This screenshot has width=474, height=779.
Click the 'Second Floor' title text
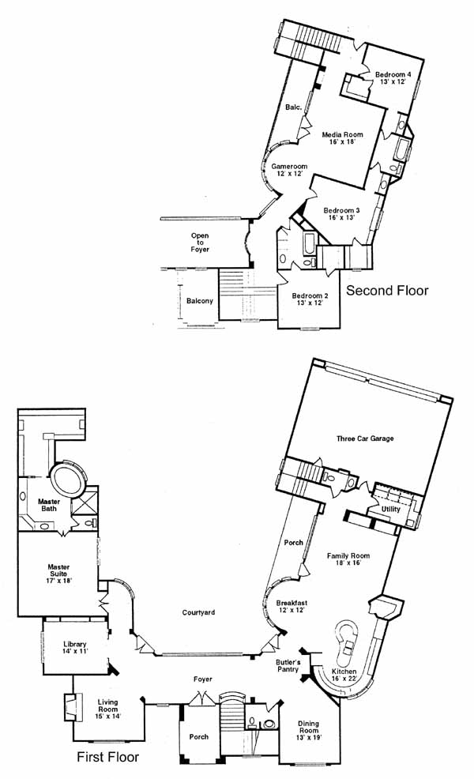pos(387,291)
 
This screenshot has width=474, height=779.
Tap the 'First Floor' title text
pos(107,757)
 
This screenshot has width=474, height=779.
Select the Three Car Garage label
pos(365,438)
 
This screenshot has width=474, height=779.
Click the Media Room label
pos(342,134)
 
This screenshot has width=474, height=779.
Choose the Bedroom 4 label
pos(393,75)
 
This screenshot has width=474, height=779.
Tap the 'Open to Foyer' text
pos(200,243)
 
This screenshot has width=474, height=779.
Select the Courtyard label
pos(198,612)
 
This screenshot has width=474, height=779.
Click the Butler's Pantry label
pos(288,666)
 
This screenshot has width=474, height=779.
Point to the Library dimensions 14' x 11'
pos(75,651)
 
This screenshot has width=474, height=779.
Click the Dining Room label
pos(308,727)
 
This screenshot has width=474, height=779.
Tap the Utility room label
pos(390,510)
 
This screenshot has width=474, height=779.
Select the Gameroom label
pos(289,167)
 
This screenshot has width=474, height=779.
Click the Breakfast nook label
pos(292,603)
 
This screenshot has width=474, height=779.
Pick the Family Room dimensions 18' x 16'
pos(348,563)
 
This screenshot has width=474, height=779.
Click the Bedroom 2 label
pos(310,296)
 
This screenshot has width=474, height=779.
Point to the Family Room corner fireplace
pos(384,607)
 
